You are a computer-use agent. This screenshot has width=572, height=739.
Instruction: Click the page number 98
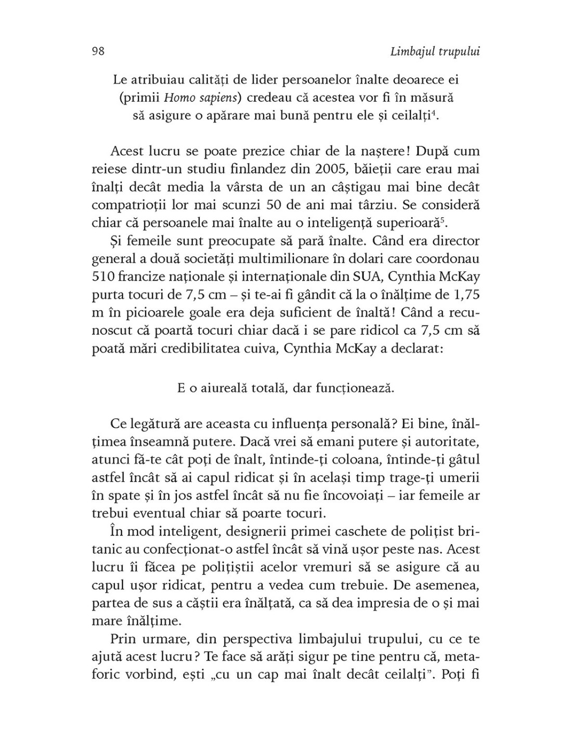[x=98, y=51]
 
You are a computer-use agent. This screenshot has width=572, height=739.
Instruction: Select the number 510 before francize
[x=103, y=276]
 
